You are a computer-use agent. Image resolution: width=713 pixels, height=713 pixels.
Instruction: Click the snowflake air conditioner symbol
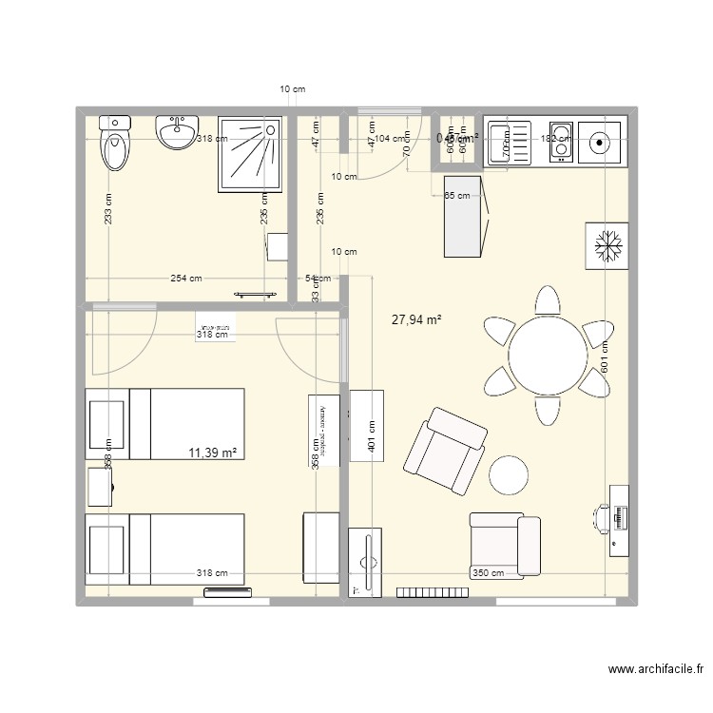(607, 247)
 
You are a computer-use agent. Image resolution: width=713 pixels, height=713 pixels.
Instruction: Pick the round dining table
(547, 355)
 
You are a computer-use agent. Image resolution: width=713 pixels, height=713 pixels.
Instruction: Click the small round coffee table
(510, 474)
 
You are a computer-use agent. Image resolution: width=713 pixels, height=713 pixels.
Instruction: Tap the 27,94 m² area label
(416, 321)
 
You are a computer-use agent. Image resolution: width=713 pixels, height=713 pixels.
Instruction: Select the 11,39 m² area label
(213, 453)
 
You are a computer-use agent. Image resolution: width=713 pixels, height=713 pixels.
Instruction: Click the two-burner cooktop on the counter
(559, 143)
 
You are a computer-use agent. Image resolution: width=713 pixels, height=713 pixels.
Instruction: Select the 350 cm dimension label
(489, 573)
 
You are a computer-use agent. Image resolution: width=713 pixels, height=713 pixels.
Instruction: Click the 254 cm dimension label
(185, 279)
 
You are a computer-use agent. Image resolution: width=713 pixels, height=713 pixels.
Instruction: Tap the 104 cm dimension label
(386, 139)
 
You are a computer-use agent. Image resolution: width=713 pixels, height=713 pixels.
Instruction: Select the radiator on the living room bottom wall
(433, 592)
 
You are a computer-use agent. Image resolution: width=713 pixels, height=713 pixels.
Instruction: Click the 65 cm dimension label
(457, 196)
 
